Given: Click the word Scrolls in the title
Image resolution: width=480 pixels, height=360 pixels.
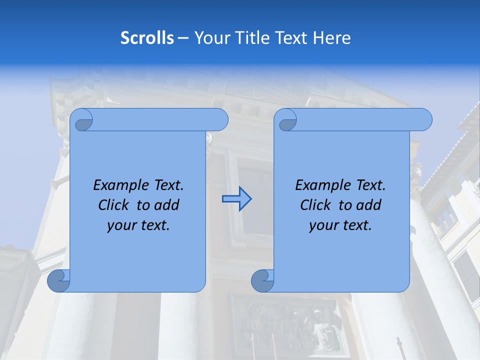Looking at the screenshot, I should (x=147, y=38).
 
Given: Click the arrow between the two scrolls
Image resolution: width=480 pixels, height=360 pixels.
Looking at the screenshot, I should (x=236, y=199).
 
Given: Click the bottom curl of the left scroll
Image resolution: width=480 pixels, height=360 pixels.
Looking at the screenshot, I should (x=59, y=281).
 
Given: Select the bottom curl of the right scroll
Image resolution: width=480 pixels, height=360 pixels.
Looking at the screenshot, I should (x=262, y=281).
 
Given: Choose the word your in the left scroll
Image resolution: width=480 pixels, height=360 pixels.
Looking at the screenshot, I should (x=120, y=225).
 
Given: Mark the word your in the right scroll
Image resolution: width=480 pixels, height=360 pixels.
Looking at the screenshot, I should (x=322, y=225).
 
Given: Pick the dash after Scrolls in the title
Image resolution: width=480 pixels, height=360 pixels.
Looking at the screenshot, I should (x=183, y=38).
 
